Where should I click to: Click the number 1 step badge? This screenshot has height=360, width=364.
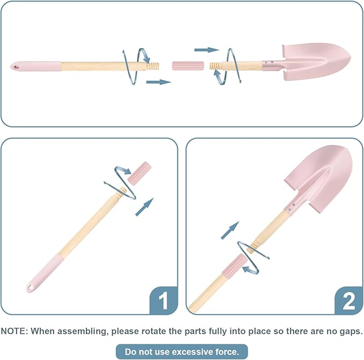pos(164,301)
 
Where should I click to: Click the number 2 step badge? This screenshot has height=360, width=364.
pos(348,301)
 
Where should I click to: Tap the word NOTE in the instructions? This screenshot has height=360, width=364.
pos(14,331)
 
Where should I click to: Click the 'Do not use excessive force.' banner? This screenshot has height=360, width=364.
pos(182,351)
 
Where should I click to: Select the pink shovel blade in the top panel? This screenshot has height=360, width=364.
pos(316,62)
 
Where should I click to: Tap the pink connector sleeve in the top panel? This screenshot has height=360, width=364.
pos(188,66)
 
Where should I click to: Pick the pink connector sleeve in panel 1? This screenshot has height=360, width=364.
pos(139,173)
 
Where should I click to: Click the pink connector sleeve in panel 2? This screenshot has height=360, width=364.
pos(234,266)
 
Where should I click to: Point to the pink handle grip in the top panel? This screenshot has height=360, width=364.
pos(36,66)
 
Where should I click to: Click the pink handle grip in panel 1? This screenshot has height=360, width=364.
pos(45,273)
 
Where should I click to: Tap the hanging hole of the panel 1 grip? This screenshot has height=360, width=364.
pos(31,288)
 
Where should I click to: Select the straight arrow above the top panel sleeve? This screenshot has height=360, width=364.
pos(206,50)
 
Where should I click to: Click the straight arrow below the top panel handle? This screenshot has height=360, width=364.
pos(159,82)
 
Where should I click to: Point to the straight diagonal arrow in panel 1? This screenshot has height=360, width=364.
pos(144,207)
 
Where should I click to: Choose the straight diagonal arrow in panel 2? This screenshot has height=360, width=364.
pos(230,230)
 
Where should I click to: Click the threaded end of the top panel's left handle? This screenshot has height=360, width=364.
pos(153,66)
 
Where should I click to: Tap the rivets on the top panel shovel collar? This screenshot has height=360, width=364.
pos(269,62)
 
